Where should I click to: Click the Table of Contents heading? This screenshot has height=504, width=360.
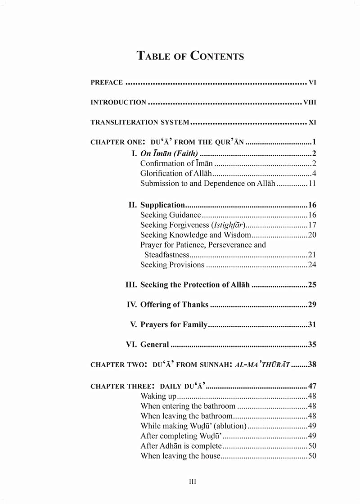(190, 56)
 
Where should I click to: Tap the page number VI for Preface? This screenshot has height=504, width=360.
(313, 82)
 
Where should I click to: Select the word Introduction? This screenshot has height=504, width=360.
(118, 102)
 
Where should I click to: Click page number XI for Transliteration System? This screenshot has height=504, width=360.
(313, 122)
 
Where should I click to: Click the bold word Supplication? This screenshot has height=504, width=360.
(162, 205)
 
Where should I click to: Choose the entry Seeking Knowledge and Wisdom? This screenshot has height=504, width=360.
(195, 235)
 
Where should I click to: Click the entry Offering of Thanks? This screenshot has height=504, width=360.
(174, 305)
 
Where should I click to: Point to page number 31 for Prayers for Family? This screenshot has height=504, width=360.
(312, 324)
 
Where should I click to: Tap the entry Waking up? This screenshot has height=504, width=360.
(158, 396)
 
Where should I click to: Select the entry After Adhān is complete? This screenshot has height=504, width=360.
(181, 446)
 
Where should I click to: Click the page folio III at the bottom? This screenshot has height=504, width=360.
(192, 481)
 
